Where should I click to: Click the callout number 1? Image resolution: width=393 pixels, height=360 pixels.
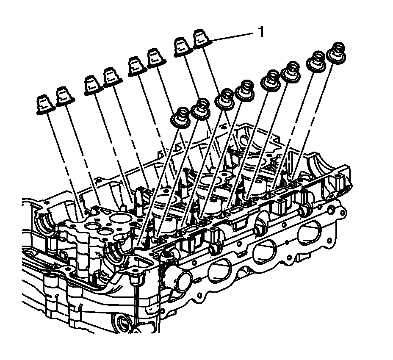point(261,32)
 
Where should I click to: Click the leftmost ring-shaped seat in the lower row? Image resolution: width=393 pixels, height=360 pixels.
point(180,116)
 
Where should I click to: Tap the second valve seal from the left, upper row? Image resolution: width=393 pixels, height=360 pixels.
point(64,97)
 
